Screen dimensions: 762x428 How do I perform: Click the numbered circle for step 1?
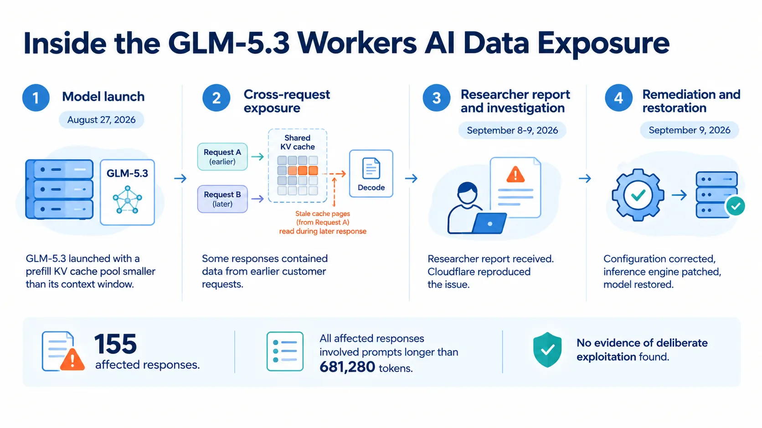tap(36, 97)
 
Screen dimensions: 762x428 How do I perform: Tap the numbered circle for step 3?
tap(437, 97)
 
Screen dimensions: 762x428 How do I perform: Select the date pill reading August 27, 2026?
tap(101, 120)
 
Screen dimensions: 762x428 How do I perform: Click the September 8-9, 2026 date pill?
tap(512, 130)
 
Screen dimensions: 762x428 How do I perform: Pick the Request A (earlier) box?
tap(222, 157)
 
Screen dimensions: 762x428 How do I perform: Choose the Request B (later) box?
tap(222, 199)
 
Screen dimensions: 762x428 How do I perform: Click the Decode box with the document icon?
tap(371, 174)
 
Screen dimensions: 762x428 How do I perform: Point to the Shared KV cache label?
tap(297, 143)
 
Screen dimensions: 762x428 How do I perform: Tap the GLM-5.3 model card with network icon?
tap(127, 193)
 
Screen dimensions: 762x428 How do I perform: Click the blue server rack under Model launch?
tap(59, 189)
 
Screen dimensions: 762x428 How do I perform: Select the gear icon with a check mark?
tap(638, 195)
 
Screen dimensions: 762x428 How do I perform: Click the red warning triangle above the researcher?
tap(515, 174)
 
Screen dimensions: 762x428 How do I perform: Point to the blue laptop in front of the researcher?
tap(489, 224)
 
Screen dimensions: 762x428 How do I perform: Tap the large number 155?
tap(115, 344)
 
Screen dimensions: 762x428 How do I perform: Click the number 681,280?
tap(347, 367)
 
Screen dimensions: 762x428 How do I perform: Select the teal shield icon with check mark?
tap(547, 350)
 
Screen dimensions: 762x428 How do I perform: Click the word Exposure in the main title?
tap(604, 43)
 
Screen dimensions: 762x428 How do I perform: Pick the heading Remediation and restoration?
tap(691, 101)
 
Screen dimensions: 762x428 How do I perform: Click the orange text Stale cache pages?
tap(323, 214)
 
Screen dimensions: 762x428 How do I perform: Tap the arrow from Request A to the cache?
tap(257, 157)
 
